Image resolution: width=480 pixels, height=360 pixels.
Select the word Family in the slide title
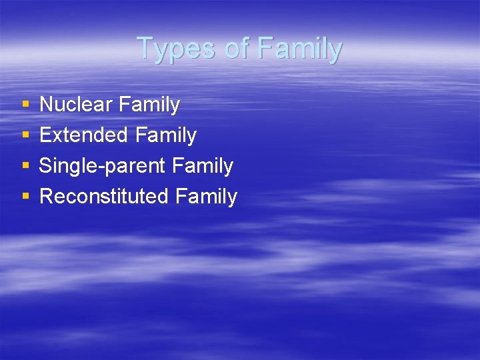299,49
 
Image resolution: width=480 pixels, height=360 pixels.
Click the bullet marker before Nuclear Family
25,105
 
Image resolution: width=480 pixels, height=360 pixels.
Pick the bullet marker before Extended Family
25,135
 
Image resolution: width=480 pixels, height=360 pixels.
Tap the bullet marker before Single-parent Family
25,166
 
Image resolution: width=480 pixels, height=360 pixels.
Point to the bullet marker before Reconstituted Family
25,197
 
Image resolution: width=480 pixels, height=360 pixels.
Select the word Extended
84,135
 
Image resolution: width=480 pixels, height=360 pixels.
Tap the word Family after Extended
165,136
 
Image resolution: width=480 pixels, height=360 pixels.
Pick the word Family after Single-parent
202,167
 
